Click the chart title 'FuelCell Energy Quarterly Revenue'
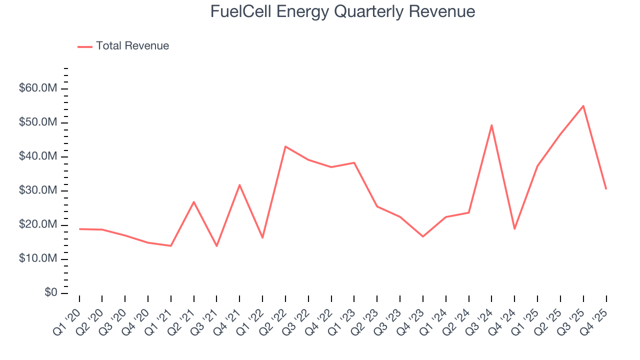point(342,11)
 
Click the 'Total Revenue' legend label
point(132,46)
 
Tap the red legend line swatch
point(85,46)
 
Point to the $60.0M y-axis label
point(38,88)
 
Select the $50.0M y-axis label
point(38,122)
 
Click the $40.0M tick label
point(38,156)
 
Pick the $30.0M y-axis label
point(38,190)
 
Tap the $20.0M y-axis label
point(38,224)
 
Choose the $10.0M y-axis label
point(38,258)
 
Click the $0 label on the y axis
point(50,292)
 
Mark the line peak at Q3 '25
point(583,106)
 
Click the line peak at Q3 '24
point(491,125)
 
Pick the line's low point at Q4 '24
point(514,228)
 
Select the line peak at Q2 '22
point(285,146)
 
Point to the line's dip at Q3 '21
point(216,246)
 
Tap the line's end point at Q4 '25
point(606,188)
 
